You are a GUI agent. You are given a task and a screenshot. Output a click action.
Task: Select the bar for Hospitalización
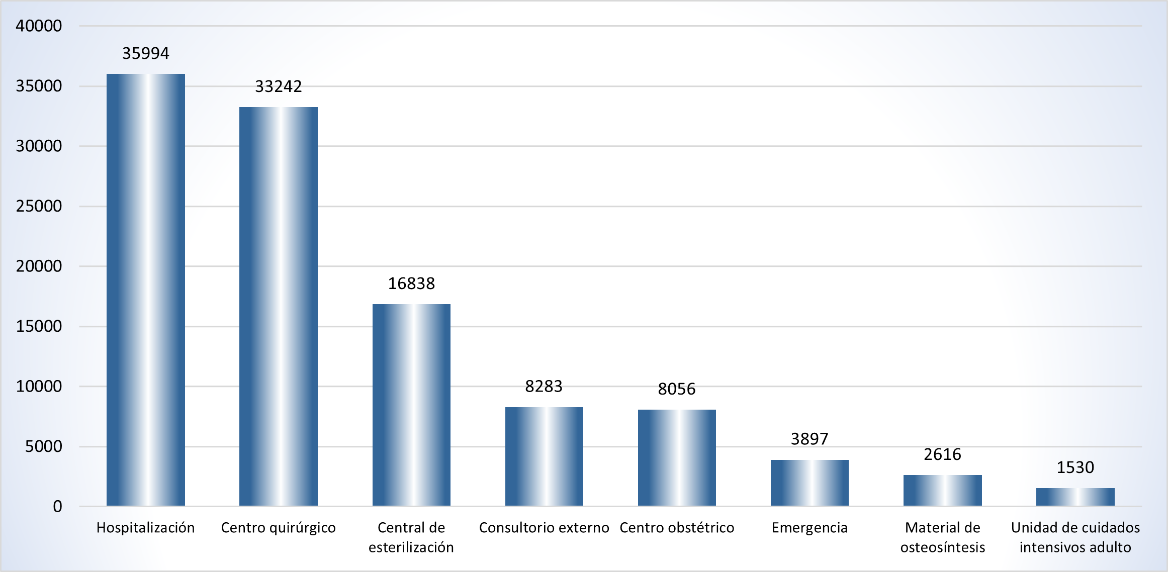point(146,290)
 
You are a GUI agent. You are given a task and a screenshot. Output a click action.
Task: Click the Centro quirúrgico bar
point(279,306)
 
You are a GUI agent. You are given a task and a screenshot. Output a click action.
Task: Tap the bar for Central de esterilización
point(411,405)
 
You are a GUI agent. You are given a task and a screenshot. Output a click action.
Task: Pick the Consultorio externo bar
point(544,456)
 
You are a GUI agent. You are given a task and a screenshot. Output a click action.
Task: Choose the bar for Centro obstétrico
point(677,457)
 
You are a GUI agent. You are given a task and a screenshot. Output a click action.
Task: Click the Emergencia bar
point(810,483)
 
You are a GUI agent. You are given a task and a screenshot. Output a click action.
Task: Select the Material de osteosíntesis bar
point(942,490)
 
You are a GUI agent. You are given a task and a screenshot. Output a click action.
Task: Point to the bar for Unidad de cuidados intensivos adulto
point(1075,497)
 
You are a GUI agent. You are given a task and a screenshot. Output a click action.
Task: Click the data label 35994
point(146,53)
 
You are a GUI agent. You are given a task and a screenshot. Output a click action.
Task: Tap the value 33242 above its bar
point(279,86)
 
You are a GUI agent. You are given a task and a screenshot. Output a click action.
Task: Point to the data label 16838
point(411,283)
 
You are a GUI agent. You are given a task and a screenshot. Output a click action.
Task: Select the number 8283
point(544,386)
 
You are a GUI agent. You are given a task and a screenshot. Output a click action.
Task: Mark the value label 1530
point(1075,467)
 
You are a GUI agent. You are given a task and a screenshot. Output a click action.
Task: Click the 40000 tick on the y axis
point(39,26)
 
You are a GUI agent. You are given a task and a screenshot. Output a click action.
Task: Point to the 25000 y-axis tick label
point(39,206)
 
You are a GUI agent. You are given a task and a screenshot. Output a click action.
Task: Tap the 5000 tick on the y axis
point(44,446)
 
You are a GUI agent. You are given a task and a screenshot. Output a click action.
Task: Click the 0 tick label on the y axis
point(58,506)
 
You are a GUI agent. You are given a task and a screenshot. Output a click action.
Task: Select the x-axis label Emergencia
point(810,528)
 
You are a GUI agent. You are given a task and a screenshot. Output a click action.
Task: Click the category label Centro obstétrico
point(677,528)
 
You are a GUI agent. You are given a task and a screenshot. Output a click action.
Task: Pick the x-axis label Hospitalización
point(146,528)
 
